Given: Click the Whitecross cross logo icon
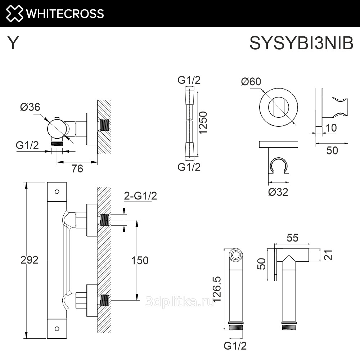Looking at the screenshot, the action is click(14, 14).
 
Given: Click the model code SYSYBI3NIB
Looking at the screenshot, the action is click(301, 43).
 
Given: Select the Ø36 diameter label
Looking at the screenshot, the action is click(30, 107).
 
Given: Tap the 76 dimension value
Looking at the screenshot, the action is click(77, 169).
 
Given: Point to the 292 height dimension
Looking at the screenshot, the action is click(30, 260).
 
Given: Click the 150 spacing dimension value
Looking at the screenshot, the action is click(140, 260).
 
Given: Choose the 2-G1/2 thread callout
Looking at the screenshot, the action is click(140, 196).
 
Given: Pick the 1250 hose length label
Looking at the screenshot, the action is click(203, 122).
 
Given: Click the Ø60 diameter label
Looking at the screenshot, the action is click(251, 81).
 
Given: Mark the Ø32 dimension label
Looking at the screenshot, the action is click(278, 192).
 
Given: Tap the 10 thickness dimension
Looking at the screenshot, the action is click(331, 128).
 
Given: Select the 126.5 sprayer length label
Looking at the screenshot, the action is click(217, 289).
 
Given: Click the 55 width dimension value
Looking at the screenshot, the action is click(292, 238).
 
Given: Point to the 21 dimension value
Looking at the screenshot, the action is click(329, 255).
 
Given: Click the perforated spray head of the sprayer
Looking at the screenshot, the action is click(236, 255).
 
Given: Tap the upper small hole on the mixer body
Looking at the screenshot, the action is click(57, 192).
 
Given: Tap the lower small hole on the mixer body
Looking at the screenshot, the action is click(57, 329).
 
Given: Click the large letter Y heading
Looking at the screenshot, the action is click(13, 43).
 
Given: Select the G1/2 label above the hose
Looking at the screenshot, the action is click(189, 80).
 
